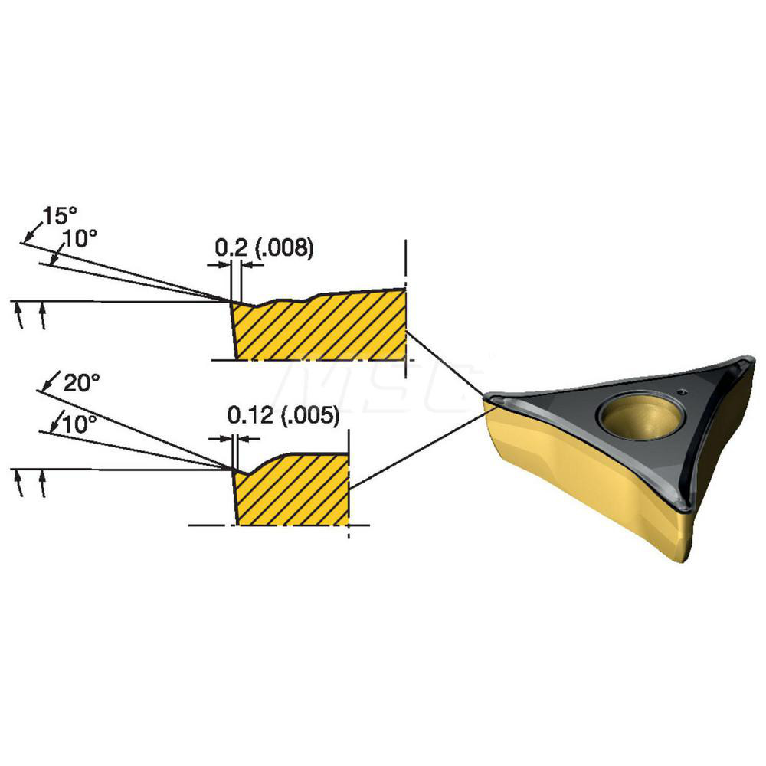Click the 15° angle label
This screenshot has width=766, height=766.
60,215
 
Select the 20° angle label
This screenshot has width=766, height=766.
82,382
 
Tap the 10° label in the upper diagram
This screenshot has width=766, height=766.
80,239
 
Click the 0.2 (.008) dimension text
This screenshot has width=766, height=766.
264,249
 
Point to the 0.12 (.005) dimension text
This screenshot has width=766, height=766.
283,415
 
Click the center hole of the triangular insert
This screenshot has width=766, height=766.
640,416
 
